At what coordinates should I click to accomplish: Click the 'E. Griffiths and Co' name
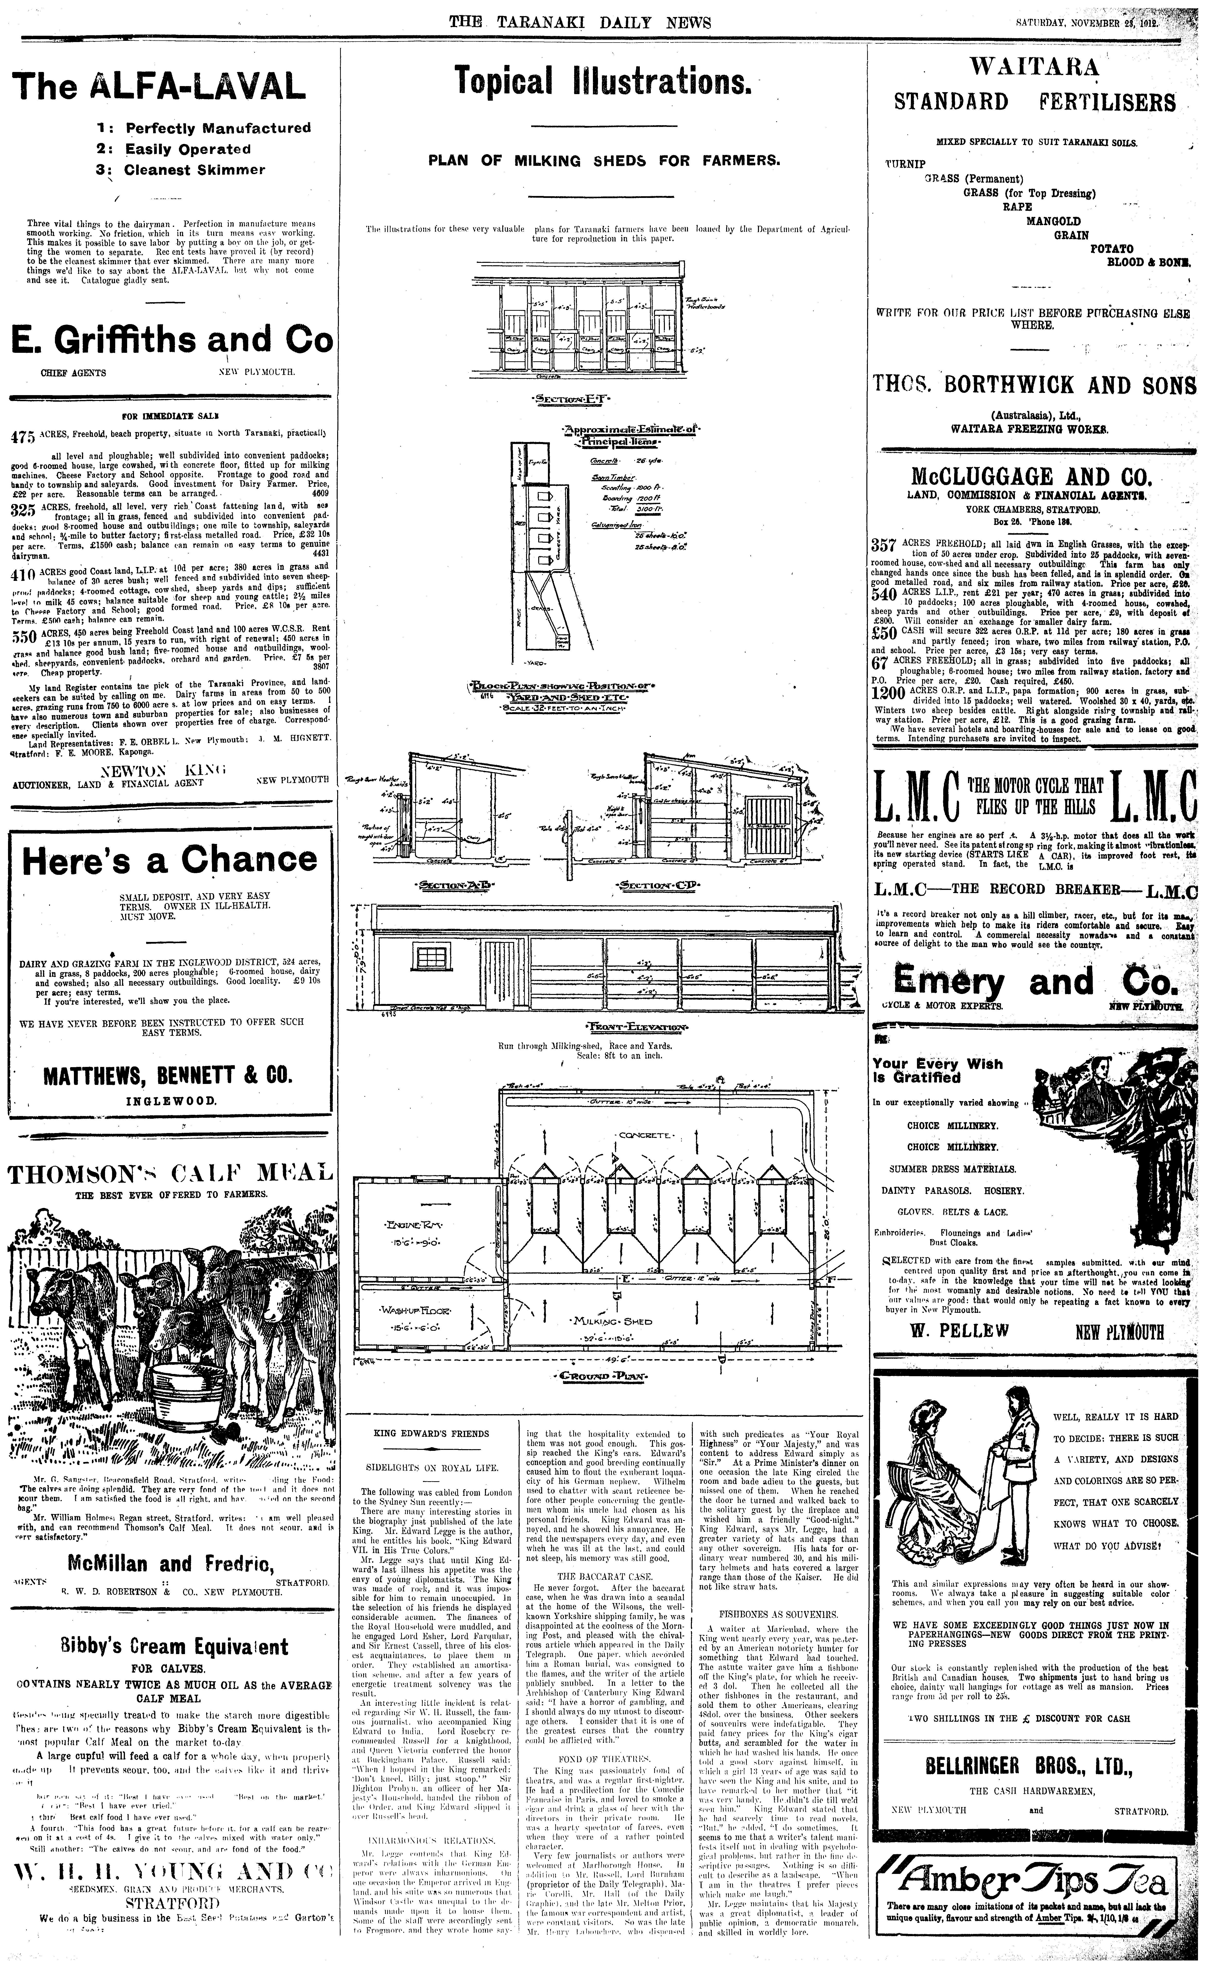(171, 339)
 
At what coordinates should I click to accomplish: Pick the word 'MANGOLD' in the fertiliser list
(1053, 221)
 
